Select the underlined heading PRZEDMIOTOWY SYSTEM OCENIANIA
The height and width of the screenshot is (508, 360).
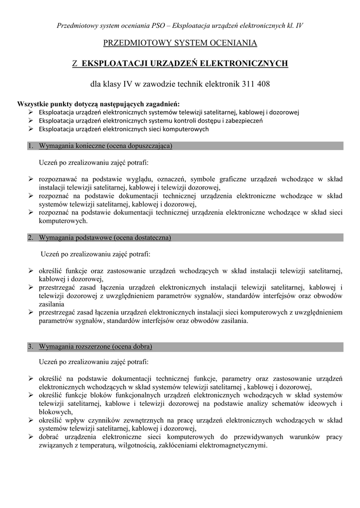(x=180, y=43)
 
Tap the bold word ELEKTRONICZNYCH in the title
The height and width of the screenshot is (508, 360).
(x=252, y=63)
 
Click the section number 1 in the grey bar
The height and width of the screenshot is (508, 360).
(x=30, y=146)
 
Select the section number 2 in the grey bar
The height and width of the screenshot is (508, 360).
(x=30, y=238)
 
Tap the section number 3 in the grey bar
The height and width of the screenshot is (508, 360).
(x=30, y=346)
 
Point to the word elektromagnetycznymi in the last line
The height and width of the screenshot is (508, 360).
(x=233, y=445)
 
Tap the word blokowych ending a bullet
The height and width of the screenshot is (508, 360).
(x=56, y=412)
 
